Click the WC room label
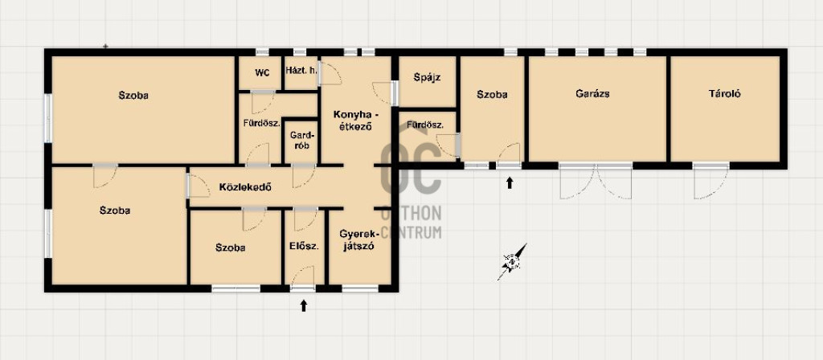tap(262, 73)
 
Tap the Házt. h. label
tap(301, 71)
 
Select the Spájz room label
tap(427, 78)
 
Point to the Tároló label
tap(724, 95)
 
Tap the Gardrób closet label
tap(301, 140)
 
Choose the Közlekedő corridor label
tap(245, 186)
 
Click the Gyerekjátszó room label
tap(358, 239)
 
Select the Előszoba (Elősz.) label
tap(304, 245)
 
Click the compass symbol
tap(512, 261)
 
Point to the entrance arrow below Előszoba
tap(303, 305)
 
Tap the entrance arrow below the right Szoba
tap(509, 182)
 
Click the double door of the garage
tap(596, 181)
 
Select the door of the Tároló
tap(710, 181)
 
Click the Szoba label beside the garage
tap(492, 95)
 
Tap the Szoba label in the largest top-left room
tap(133, 96)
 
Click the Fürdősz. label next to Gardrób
tap(261, 124)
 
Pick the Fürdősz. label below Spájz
tap(425, 125)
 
